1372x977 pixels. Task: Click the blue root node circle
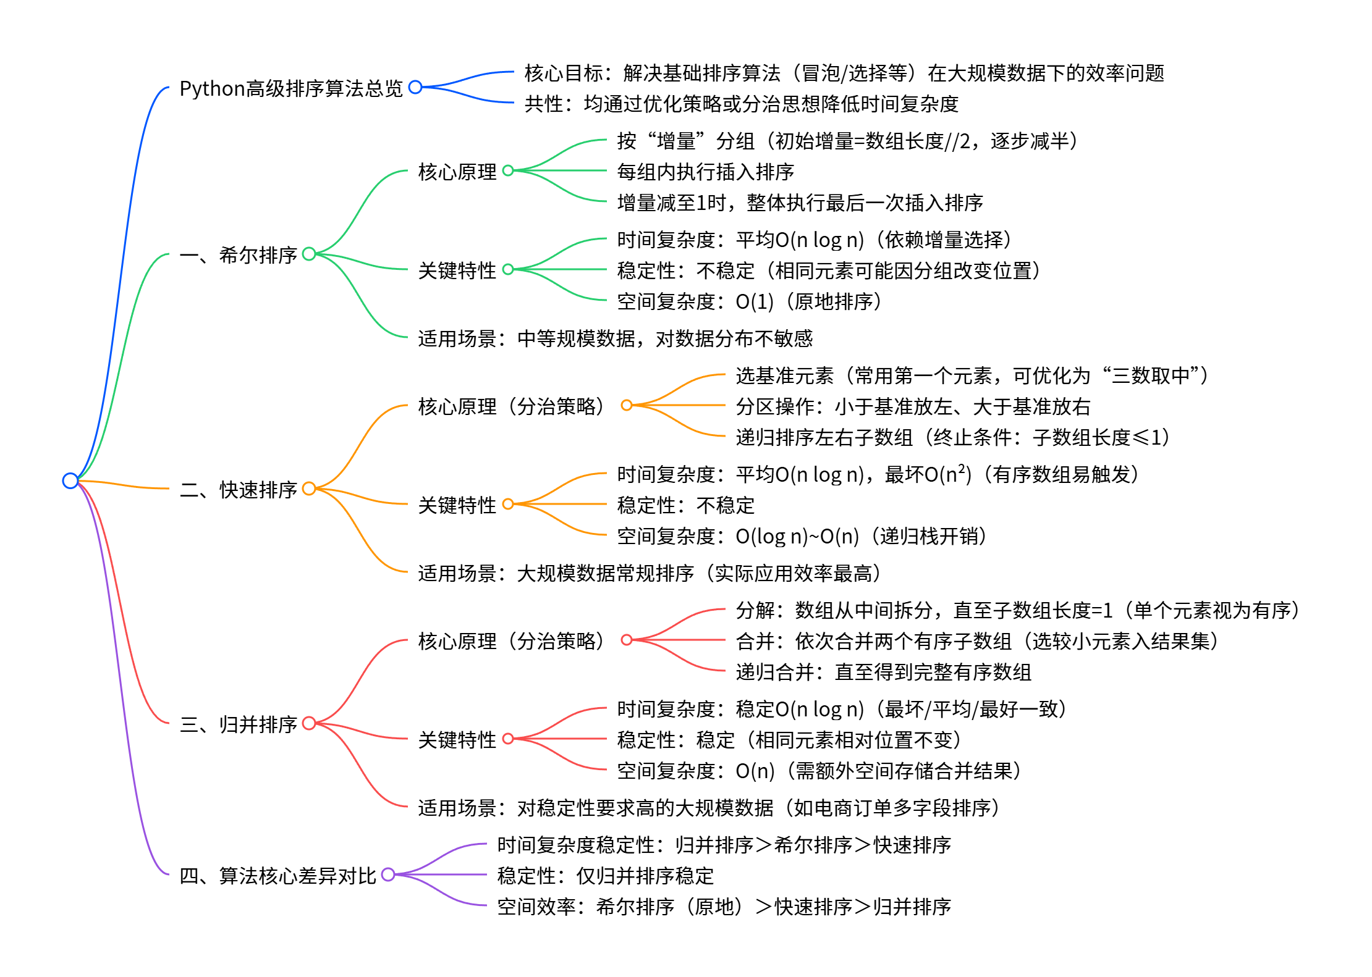[70, 480]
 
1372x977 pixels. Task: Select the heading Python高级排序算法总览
[290, 88]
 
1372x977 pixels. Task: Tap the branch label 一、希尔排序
[239, 255]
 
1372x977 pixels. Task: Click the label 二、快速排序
[239, 490]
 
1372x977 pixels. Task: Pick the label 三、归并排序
[239, 724]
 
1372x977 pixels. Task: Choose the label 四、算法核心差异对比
[277, 876]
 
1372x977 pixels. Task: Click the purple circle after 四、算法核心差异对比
[388, 874]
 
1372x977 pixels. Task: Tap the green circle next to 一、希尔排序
[309, 254]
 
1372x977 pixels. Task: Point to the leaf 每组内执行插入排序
[705, 172]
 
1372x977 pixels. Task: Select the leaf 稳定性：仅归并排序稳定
[605, 876]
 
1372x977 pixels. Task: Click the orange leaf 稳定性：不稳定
[685, 505]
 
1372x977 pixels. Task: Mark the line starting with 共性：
[741, 104]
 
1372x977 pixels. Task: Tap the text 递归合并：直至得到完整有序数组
[883, 672]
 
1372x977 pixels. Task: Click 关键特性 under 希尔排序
[457, 270]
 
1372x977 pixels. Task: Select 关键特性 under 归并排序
[457, 740]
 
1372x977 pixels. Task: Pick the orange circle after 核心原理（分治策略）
[627, 405]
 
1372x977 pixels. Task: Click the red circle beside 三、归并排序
[309, 723]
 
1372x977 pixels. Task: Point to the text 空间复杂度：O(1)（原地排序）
[749, 301]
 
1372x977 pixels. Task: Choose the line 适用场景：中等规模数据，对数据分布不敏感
[615, 338]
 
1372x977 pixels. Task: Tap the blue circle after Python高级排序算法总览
[415, 87]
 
